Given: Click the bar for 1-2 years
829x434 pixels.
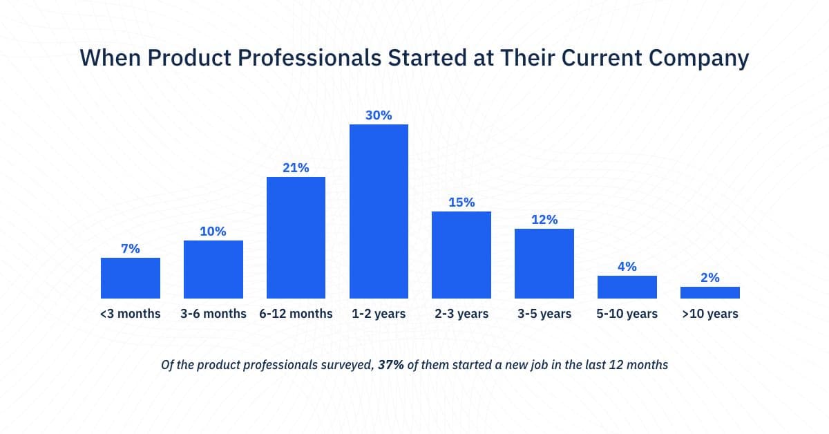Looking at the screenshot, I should tap(379, 211).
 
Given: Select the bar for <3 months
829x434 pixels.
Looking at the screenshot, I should tap(131, 278).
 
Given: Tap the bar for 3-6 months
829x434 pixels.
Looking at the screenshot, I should tap(213, 270).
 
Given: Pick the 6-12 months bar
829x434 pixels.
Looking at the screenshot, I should tap(296, 238).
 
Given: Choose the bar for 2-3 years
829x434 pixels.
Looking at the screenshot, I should tap(461, 255).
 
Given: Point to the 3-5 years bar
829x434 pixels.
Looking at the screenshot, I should tap(544, 263).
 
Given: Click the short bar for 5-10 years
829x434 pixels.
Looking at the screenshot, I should tap(627, 287).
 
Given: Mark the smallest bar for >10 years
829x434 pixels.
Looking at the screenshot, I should tap(709, 292).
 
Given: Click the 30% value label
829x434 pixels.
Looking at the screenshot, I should tap(379, 115).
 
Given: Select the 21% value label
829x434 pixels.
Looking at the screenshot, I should tap(296, 168).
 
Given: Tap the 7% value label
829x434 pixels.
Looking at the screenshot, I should tap(131, 249).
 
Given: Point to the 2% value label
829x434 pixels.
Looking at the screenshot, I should tap(709, 278).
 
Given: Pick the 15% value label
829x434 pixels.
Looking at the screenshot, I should tap(461, 202).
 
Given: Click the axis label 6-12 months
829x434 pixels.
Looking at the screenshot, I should tap(296, 314).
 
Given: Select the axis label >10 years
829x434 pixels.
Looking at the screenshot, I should tap(709, 314).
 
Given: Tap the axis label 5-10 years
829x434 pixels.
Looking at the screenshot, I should tap(627, 314).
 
